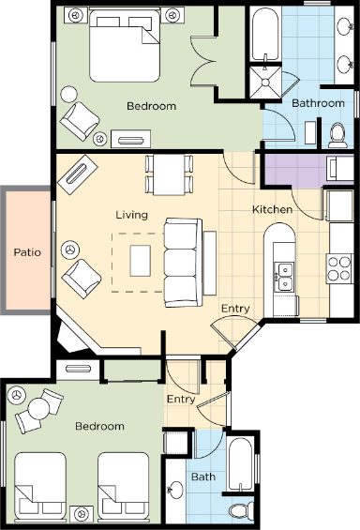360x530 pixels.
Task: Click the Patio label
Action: (27, 252)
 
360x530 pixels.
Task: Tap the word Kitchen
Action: (272, 209)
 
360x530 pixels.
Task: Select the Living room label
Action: (131, 215)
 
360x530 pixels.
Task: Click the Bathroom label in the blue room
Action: (318, 103)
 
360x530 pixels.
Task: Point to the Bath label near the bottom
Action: (203, 477)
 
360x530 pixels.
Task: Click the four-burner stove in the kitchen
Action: (339, 269)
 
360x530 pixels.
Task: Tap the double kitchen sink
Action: (284, 277)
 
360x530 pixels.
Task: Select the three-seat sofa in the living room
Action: (183, 263)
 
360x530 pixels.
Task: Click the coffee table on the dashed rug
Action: (141, 261)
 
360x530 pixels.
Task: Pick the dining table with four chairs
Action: (169, 174)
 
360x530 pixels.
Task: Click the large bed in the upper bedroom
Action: (125, 45)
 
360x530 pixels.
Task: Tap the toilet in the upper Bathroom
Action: (337, 135)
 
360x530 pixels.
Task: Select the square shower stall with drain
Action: (265, 83)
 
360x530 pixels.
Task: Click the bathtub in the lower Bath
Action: (240, 464)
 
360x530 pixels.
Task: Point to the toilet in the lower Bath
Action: (241, 510)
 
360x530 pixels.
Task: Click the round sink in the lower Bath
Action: (175, 489)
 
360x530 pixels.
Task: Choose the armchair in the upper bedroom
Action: (80, 121)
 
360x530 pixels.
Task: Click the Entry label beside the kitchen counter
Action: (235, 309)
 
